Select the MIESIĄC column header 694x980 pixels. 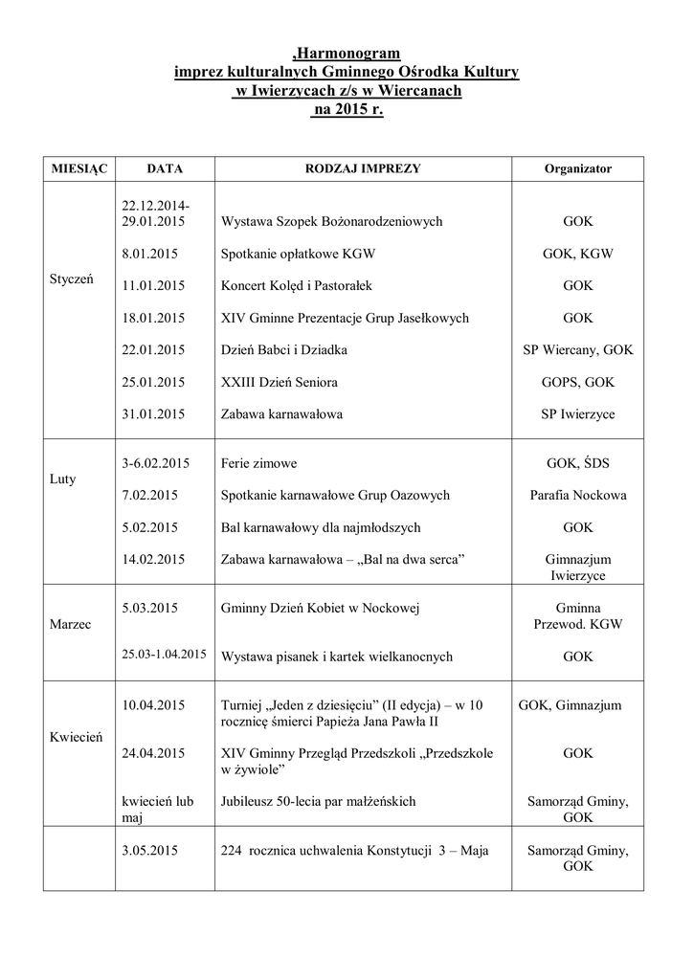point(78,167)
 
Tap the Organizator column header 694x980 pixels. point(577,167)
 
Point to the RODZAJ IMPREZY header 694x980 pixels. point(363,167)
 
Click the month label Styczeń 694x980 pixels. point(72,285)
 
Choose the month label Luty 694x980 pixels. point(63,479)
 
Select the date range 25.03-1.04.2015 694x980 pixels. point(165,656)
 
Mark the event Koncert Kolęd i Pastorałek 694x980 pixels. point(302,285)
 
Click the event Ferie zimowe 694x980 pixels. point(258,463)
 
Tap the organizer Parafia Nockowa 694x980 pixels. point(577,496)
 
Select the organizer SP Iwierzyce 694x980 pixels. point(577,414)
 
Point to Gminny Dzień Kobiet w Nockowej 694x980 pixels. point(321,608)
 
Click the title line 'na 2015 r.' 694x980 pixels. point(347,110)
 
